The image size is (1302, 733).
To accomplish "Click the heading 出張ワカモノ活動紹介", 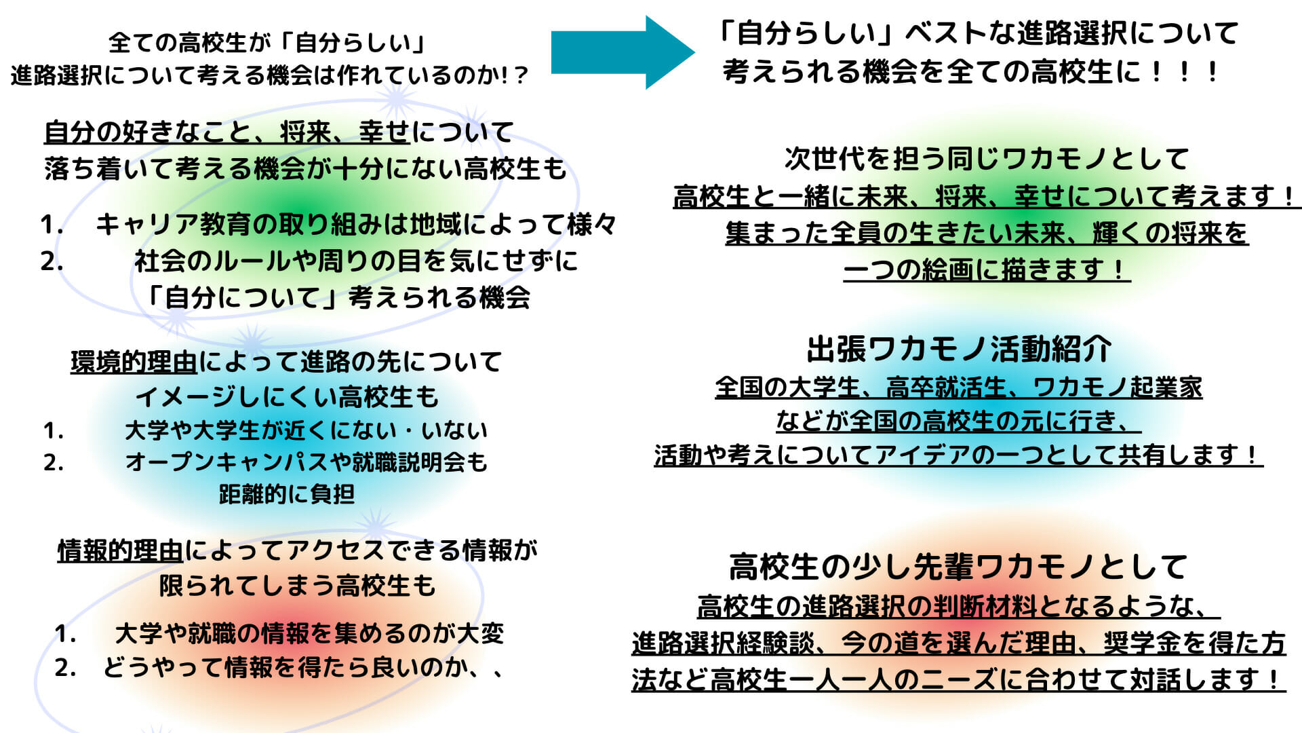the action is [x=959, y=350].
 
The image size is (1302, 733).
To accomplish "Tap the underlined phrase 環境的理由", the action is [x=134, y=362].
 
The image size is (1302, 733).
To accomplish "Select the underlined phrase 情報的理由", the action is [x=120, y=550].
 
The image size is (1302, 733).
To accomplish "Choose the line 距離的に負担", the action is [x=287, y=494].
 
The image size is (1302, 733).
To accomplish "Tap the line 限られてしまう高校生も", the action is [x=297, y=585].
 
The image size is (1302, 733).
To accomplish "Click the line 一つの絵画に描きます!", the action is [x=987, y=269].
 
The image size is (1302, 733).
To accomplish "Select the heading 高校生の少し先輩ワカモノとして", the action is [x=959, y=567].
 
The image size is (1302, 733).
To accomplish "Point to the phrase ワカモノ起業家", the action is [x=1118, y=388].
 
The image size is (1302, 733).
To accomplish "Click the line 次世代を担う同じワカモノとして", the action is [x=987, y=159].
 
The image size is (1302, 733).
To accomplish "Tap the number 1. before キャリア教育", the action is [x=52, y=225].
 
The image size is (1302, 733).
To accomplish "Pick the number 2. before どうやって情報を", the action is [x=66, y=668].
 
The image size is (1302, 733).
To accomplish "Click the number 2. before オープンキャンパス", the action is [x=54, y=463].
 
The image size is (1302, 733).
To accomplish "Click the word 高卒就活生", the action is [x=947, y=388].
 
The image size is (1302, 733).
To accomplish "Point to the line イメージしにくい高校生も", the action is [x=288, y=396].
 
